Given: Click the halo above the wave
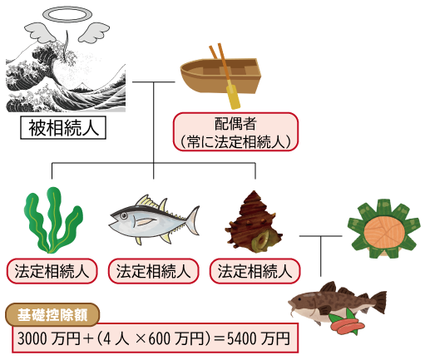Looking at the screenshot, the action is [67, 9].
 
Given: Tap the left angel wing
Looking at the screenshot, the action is [42, 32].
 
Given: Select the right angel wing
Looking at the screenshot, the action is [94, 32].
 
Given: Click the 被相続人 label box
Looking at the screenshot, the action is [63, 128].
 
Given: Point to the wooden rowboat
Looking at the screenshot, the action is [220, 76].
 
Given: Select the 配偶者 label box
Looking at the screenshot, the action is [235, 132].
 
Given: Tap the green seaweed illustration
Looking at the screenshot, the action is [53, 220].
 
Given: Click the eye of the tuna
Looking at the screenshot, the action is [124, 215].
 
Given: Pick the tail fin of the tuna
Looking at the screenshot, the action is [192, 220].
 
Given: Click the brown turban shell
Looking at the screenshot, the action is [254, 222].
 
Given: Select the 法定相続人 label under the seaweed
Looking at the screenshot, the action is [52, 271].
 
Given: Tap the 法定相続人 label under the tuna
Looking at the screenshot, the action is [153, 271].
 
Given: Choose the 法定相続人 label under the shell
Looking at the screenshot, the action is [255, 271].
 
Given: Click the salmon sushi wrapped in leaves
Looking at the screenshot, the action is [383, 229].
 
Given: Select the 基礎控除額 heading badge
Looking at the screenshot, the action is [52, 315].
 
